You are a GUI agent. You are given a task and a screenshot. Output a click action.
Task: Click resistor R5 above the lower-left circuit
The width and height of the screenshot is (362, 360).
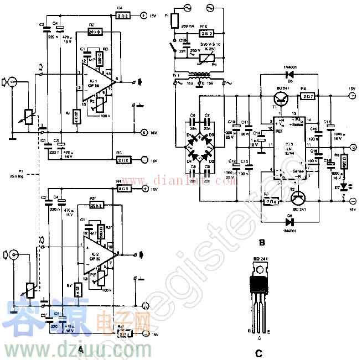point(123,160)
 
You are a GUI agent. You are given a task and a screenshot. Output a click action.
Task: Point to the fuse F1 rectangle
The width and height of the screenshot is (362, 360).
point(174,21)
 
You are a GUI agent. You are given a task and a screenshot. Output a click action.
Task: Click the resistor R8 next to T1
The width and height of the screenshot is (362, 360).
point(305,95)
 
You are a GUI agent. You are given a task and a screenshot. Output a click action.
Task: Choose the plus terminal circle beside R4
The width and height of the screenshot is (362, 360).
point(143,16)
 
